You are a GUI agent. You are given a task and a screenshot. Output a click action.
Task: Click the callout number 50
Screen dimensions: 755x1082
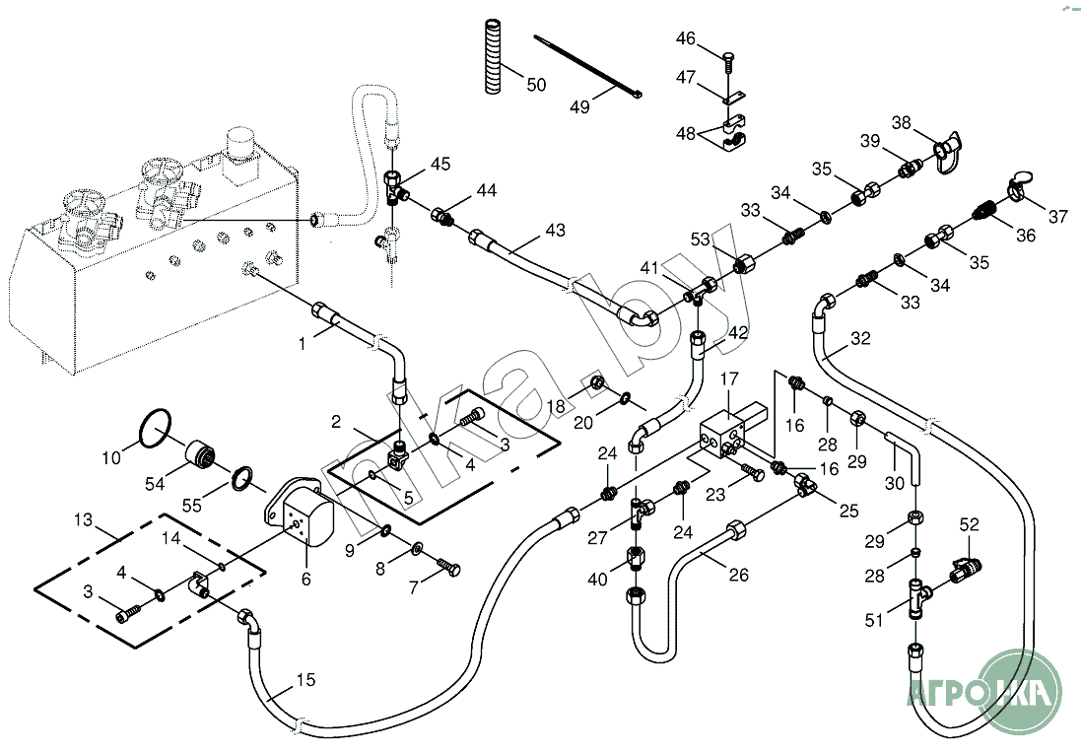click(x=536, y=85)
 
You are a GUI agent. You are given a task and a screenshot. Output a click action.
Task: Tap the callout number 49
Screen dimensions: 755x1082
click(x=579, y=106)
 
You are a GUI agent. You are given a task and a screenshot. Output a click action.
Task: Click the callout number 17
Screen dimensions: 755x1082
click(x=728, y=379)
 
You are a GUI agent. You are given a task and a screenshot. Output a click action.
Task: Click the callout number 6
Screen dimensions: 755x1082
click(x=305, y=580)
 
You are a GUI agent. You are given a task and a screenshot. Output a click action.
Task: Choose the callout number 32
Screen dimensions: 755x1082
click(x=860, y=339)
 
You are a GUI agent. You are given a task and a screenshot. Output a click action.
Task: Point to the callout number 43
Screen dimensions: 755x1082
click(x=555, y=231)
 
